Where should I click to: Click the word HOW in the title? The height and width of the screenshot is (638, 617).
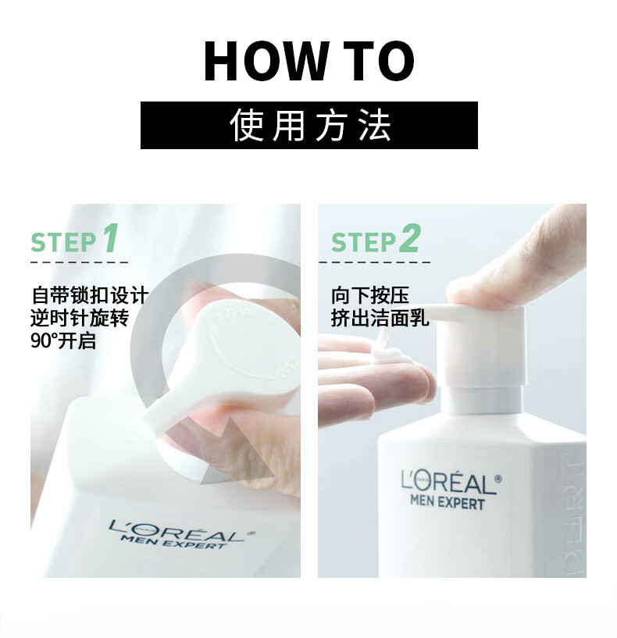[266, 61]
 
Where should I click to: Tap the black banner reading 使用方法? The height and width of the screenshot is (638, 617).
[309, 125]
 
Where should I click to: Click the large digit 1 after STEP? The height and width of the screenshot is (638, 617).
[110, 238]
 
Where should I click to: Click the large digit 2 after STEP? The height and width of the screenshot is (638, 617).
[408, 238]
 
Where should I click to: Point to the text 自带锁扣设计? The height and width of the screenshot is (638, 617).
[90, 295]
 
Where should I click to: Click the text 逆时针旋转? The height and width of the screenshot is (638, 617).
[80, 318]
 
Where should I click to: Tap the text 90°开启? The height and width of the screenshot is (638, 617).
[63, 340]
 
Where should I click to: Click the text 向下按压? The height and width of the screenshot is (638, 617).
[370, 295]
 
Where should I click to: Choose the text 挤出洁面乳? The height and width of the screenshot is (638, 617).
[380, 318]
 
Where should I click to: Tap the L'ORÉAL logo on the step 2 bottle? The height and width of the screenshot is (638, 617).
[451, 483]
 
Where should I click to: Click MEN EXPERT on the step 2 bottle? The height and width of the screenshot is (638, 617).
[448, 502]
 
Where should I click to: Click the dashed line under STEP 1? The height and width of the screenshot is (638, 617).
[80, 262]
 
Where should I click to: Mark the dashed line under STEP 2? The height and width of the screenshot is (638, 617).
[374, 262]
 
